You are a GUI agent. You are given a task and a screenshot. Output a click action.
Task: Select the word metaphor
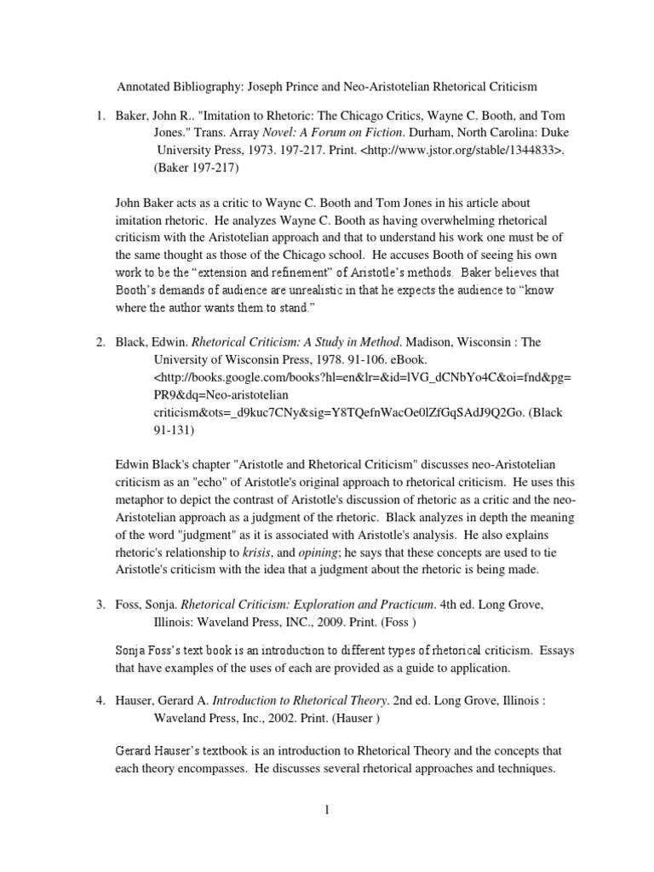(x=141, y=499)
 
